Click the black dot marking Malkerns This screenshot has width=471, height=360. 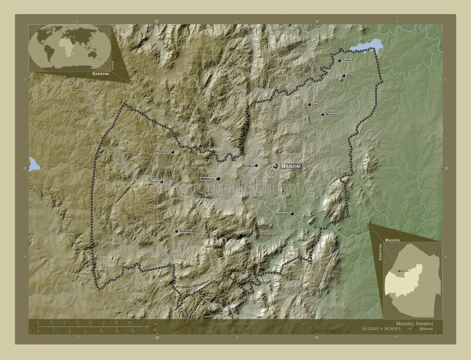point(218,178)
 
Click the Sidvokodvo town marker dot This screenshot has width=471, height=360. point(291,214)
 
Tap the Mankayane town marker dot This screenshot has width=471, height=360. point(176,231)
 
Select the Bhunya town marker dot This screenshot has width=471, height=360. point(161,181)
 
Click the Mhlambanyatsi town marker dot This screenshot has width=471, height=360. point(173,152)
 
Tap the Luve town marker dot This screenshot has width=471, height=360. point(308,104)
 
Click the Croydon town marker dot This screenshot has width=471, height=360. point(339,60)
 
